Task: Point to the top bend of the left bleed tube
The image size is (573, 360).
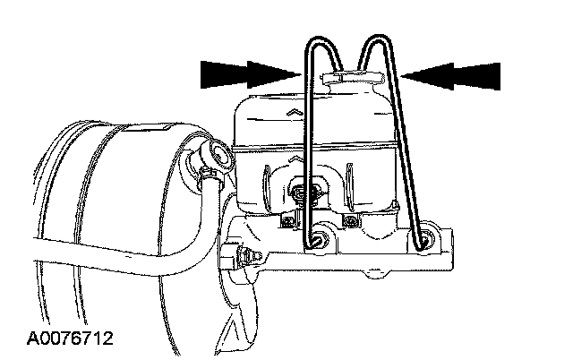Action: [323, 40]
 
